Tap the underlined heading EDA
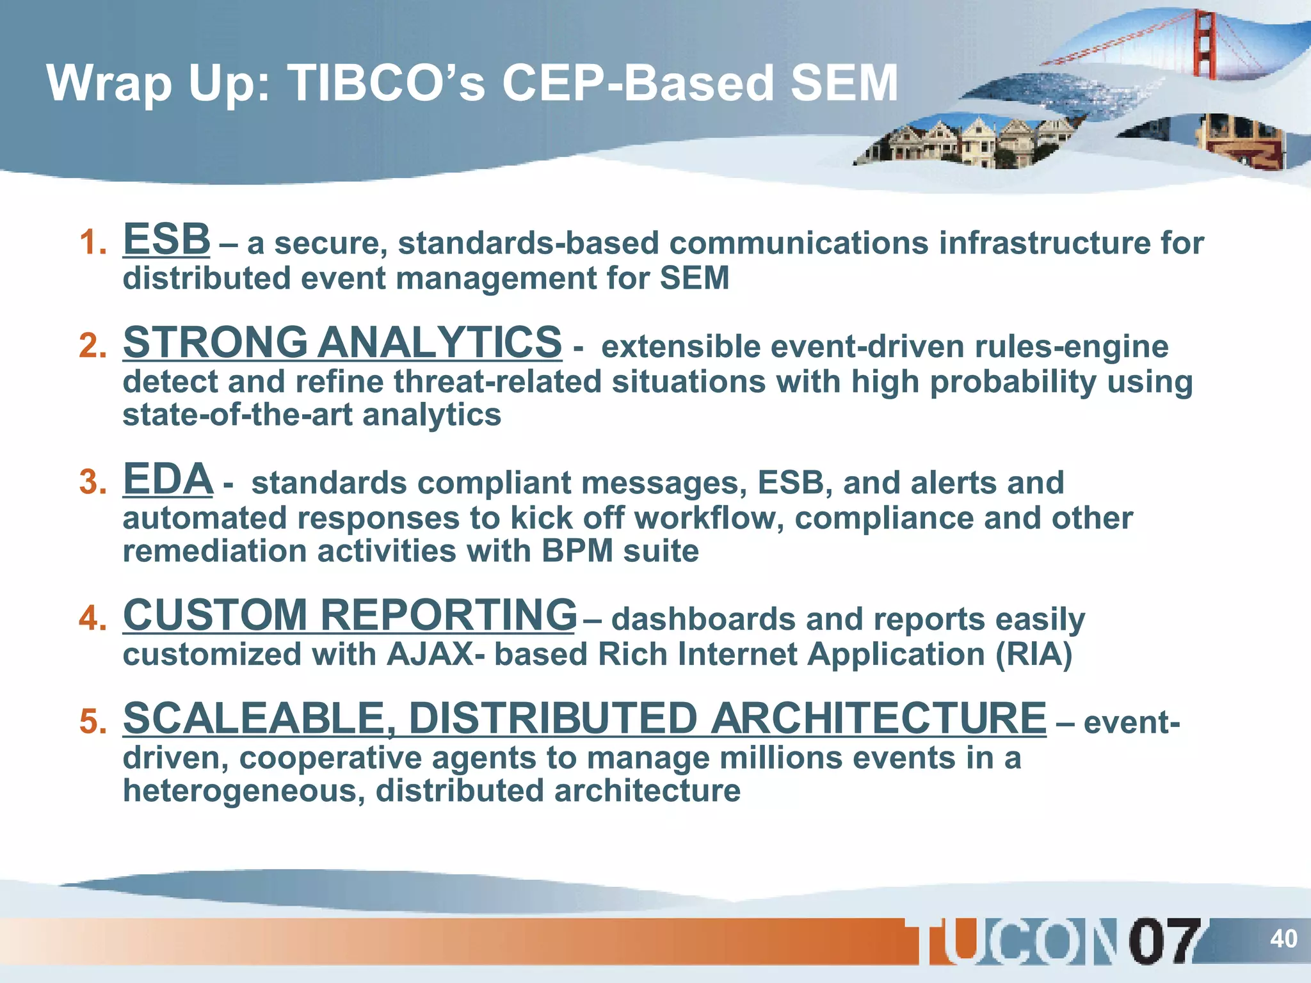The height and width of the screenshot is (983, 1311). click(168, 479)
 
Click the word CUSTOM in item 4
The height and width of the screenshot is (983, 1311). click(215, 615)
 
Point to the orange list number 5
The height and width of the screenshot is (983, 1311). click(92, 723)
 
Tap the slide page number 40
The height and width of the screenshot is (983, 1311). click(1283, 939)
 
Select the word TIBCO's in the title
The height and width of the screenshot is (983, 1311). click(387, 84)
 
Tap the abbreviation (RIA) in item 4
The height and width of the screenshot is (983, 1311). click(1033, 655)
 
